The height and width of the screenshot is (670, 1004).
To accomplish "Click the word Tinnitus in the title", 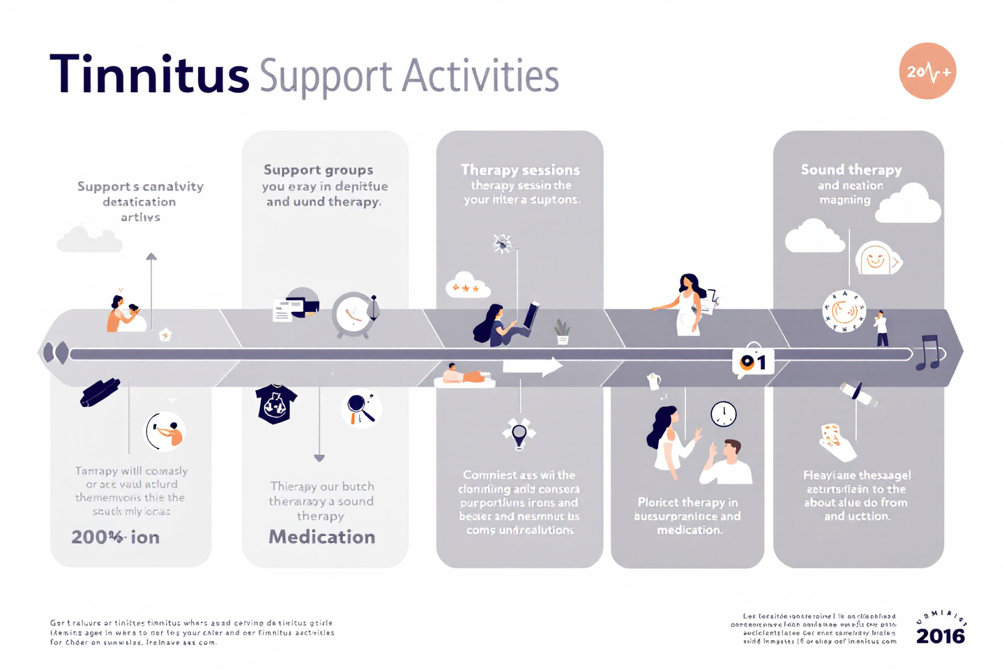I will [x=149, y=75].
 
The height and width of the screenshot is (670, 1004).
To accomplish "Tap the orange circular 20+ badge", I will [x=927, y=71].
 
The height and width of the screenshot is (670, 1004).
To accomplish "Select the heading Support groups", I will [x=319, y=170].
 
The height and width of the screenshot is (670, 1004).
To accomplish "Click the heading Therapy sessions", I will [x=520, y=170].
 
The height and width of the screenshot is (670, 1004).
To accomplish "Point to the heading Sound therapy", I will [x=851, y=170].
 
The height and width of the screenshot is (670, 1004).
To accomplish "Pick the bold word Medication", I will [x=322, y=537].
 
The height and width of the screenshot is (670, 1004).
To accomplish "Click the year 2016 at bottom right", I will [x=940, y=636].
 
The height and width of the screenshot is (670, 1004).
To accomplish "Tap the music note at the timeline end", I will [x=929, y=352].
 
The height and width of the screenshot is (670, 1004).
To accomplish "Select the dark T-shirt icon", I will [x=276, y=404].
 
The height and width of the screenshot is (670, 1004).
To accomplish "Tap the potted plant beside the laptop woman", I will [x=562, y=332].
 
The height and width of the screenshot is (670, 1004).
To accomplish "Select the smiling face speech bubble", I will [x=876, y=260].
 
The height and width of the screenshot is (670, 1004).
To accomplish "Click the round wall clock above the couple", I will [x=724, y=414].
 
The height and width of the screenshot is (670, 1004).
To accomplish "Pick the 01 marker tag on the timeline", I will [x=753, y=362].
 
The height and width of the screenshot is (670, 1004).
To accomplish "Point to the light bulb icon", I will [x=519, y=433].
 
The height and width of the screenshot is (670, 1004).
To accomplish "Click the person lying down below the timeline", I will [x=464, y=376].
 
